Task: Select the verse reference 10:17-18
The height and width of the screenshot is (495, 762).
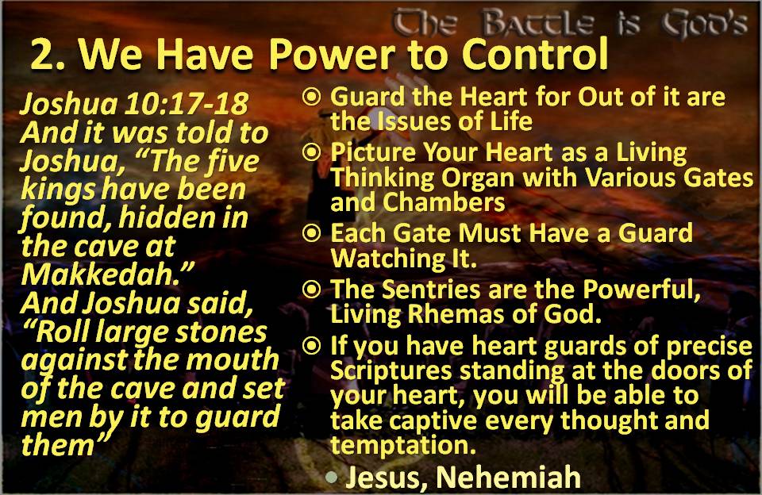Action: point(186,104)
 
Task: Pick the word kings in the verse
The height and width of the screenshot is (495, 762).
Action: point(58,190)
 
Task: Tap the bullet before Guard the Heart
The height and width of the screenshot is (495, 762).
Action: point(311,97)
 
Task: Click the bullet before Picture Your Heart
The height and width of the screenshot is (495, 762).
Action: point(311,152)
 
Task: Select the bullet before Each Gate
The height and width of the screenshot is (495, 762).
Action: point(311,233)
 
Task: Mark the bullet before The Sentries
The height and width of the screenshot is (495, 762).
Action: point(311,290)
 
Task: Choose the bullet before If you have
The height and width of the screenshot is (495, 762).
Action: point(311,346)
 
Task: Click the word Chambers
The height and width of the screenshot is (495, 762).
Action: point(444,202)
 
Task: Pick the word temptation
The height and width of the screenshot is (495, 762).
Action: point(403,445)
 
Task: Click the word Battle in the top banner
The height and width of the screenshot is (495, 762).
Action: point(538,22)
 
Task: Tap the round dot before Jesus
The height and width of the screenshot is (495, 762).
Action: point(332,477)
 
